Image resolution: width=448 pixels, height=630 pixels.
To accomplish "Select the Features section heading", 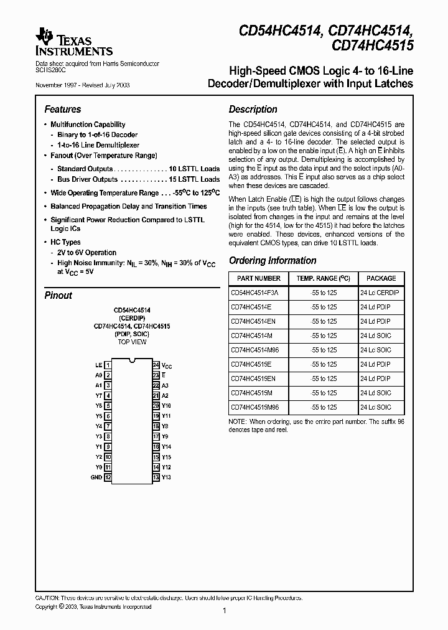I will [63, 109].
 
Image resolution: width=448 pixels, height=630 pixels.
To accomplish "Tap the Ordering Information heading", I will [273, 261].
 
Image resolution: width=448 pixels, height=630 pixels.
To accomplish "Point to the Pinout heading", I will [58, 295].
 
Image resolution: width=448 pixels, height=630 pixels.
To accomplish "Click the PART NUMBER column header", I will [255, 278].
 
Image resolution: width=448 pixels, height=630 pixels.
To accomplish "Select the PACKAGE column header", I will [381, 278].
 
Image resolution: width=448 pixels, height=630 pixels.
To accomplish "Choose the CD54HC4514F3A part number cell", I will [255, 293].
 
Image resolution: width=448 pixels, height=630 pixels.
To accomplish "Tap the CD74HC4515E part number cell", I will [251, 364].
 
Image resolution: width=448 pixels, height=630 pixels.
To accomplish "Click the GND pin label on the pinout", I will [96, 477].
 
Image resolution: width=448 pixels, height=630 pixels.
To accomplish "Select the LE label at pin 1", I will [98, 365].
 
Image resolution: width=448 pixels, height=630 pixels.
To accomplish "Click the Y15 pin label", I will [166, 457].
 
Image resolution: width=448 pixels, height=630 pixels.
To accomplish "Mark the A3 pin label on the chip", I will [166, 385].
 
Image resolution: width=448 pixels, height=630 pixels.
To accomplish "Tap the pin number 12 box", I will [108, 477].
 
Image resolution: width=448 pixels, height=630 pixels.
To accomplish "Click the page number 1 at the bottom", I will [224, 611].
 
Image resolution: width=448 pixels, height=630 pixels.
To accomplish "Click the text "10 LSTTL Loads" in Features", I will [194, 169].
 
